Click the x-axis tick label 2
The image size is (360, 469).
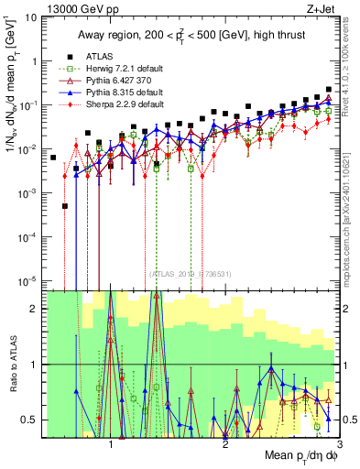pyautogui.click(x=225, y=441)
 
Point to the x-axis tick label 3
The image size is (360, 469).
pyautogui.click(x=338, y=441)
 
